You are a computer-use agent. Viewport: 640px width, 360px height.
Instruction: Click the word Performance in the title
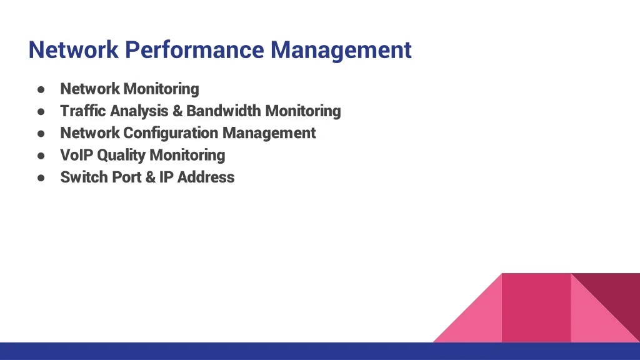(194, 51)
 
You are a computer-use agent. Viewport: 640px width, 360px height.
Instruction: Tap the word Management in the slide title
(341, 51)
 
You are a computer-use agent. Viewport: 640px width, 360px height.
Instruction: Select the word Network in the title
(74, 50)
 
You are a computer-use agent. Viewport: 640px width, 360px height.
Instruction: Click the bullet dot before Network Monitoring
(41, 89)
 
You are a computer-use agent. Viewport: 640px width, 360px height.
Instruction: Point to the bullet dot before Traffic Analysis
(41, 111)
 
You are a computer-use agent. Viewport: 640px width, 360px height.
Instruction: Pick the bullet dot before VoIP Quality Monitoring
(41, 156)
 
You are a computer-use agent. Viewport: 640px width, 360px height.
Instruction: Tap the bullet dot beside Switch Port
(41, 177)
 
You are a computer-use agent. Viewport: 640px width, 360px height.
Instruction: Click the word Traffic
(83, 111)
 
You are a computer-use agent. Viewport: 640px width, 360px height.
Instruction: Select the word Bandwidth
(224, 111)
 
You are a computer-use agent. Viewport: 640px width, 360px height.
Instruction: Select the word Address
(206, 177)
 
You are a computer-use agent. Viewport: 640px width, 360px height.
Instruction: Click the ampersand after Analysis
(177, 111)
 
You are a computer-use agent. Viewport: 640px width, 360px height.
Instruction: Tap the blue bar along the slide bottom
(320, 351)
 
